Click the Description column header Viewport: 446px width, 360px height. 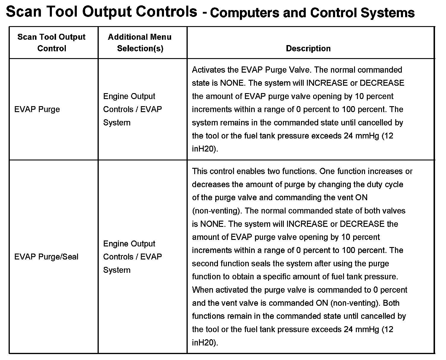[308, 48]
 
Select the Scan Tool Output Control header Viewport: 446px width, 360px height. [52, 43]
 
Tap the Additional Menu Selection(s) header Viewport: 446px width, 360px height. [140, 43]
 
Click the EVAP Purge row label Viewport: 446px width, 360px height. [37, 109]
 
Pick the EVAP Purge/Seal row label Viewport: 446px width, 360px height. [46, 257]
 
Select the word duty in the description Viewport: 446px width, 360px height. [375, 184]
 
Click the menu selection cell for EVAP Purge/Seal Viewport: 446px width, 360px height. [132, 257]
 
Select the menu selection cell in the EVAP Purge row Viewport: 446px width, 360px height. [132, 109]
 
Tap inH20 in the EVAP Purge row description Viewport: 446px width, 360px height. [204, 149]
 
